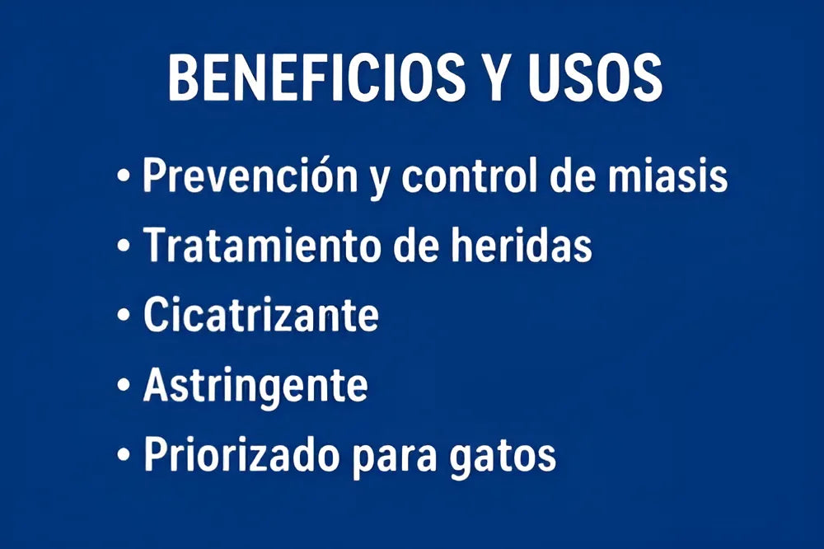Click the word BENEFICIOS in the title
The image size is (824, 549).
(316, 77)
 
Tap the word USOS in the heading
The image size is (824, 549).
(595, 77)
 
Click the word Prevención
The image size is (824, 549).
(250, 175)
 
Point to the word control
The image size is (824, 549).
(470, 175)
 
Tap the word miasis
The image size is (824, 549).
(668, 175)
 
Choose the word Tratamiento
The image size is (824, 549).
(261, 245)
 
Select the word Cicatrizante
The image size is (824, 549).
(261, 314)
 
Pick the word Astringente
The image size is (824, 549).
(255, 387)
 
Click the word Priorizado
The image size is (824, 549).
(241, 454)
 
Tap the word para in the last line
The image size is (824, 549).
(394, 457)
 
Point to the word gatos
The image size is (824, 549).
(503, 457)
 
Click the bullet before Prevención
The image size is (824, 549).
(124, 176)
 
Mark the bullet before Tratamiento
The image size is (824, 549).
(124, 246)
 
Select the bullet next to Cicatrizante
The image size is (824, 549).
(124, 316)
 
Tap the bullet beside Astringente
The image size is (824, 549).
(124, 386)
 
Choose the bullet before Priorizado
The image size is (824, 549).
(124, 454)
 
